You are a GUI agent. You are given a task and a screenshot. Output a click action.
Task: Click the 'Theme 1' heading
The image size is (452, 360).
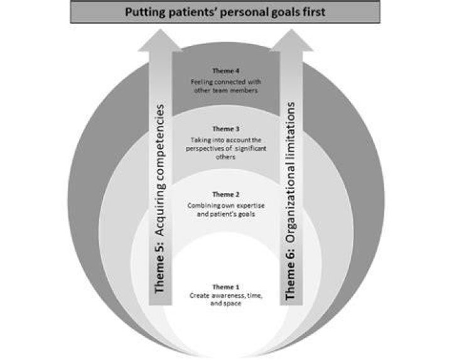tap(226, 287)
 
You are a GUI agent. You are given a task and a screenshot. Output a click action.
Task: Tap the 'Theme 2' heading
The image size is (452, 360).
tap(226, 194)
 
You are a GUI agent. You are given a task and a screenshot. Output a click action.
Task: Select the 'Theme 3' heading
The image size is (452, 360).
tap(226, 129)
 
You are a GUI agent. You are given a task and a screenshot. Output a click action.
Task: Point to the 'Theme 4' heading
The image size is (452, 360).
tap(226, 70)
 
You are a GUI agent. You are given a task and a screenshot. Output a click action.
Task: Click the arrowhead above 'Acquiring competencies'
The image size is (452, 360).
tap(160, 41)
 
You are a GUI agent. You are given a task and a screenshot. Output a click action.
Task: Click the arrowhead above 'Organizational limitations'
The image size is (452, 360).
tap(291, 41)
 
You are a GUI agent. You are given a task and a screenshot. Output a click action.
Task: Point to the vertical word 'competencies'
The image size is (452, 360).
tap(159, 144)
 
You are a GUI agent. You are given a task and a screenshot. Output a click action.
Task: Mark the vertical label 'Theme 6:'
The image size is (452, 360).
tap(291, 274)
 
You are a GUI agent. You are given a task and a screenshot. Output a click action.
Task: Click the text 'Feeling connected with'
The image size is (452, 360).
tap(226, 82)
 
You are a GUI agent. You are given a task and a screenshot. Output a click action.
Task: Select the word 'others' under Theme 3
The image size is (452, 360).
tap(226, 157)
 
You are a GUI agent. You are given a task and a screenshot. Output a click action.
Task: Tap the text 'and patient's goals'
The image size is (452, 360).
tap(226, 214)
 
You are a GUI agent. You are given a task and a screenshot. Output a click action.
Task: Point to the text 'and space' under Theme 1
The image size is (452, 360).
tap(226, 303)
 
